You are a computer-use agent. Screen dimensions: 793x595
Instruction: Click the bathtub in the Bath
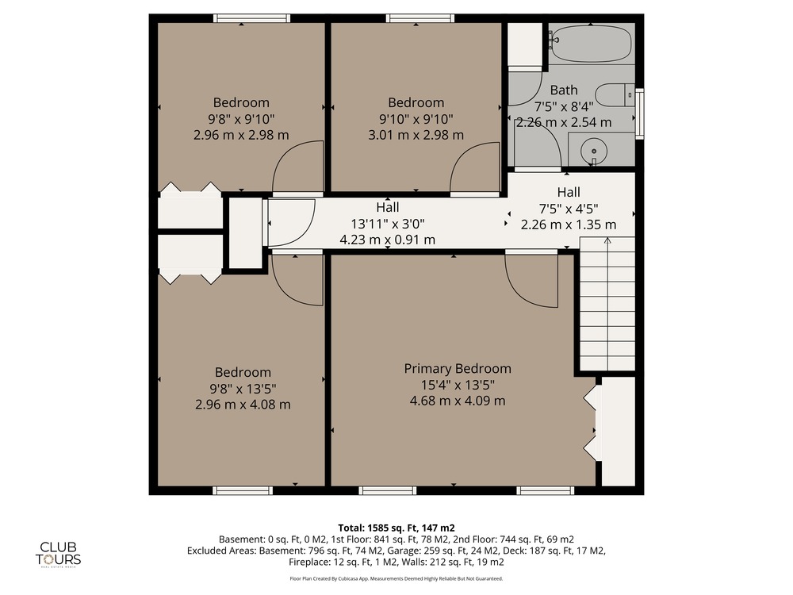(591, 43)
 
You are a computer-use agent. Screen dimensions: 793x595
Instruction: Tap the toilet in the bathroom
(615, 96)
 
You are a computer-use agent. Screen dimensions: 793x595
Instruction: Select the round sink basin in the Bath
(594, 151)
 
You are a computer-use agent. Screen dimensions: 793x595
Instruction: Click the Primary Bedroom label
(458, 368)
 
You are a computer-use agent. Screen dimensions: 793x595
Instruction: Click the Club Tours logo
(58, 554)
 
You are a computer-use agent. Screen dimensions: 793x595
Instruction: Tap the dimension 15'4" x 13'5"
(458, 385)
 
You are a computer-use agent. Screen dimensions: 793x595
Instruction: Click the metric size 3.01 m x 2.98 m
(416, 135)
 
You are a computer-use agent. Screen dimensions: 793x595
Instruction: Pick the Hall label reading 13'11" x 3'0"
(388, 223)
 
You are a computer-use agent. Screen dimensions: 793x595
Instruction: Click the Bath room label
(564, 90)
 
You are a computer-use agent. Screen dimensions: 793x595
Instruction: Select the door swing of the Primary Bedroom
(531, 281)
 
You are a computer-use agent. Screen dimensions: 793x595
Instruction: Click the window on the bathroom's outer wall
(639, 113)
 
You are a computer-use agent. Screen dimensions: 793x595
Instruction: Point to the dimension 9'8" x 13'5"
(243, 389)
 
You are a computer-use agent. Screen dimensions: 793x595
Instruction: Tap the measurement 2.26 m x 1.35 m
(569, 225)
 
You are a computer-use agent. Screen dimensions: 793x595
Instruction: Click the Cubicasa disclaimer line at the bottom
(396, 578)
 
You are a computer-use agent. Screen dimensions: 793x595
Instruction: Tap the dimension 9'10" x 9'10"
(416, 119)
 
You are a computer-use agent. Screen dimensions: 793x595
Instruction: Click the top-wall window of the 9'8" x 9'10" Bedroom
(252, 19)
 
